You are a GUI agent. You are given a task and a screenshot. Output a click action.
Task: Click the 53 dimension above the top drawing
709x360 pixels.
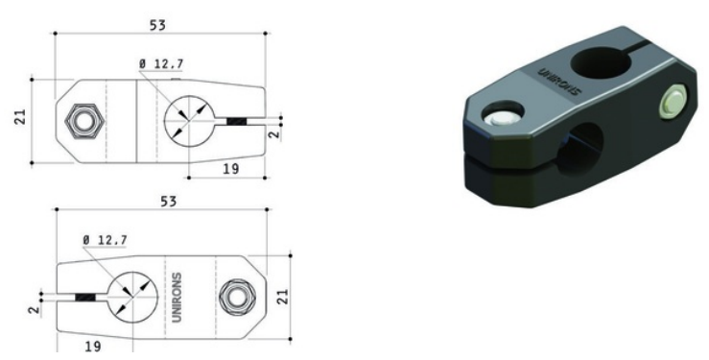(157, 25)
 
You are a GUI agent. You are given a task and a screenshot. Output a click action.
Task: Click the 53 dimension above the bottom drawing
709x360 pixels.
(168, 202)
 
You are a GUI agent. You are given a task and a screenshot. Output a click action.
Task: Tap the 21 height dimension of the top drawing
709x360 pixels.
(21, 117)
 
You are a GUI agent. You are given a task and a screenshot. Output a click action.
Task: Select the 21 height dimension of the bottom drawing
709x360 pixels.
(282, 297)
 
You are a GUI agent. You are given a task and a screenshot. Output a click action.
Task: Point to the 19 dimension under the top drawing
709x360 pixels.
(230, 169)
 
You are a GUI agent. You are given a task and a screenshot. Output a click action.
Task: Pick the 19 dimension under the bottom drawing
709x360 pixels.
(93, 347)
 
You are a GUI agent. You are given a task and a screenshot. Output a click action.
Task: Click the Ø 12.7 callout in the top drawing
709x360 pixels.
(161, 64)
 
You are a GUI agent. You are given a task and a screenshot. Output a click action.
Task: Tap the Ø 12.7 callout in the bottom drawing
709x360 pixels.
(105, 240)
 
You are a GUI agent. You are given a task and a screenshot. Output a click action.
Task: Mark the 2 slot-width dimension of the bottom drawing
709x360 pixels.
(35, 310)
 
